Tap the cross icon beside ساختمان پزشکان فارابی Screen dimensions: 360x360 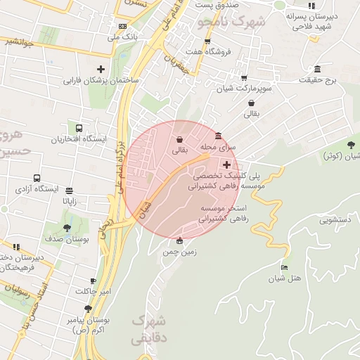(101, 69)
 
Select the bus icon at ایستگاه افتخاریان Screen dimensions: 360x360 (79, 129)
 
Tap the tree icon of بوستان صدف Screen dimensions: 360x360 (67, 228)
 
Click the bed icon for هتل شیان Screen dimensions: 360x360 (284, 267)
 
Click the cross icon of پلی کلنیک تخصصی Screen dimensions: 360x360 (226, 164)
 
